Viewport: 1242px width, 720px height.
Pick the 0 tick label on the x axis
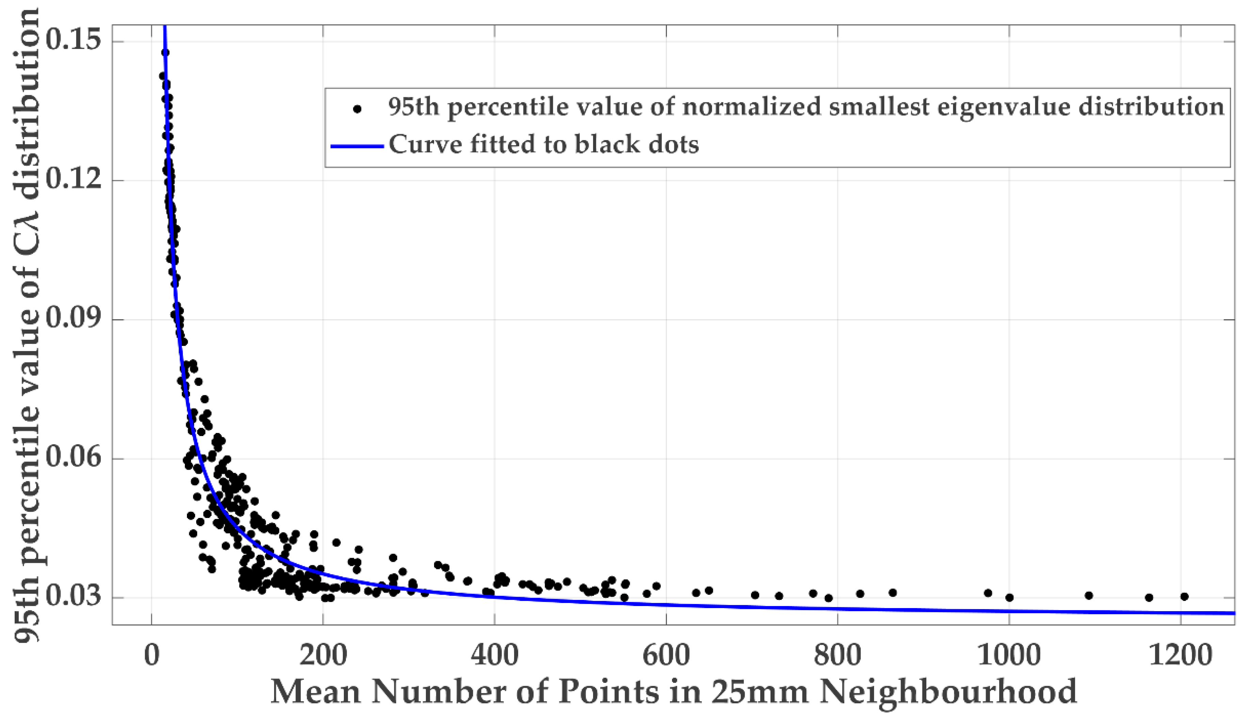[x=152, y=656]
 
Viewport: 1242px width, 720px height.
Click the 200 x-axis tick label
[x=323, y=656]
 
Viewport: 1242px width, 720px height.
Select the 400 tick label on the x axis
[x=494, y=656]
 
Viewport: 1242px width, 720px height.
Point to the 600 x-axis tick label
[x=666, y=656]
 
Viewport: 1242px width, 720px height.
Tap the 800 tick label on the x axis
[x=838, y=656]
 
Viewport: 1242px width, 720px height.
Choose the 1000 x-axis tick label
[x=1009, y=656]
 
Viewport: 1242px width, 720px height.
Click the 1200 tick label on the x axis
[x=1180, y=656]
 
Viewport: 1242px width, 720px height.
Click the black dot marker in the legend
[x=357, y=109]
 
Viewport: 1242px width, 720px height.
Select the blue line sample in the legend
[x=357, y=146]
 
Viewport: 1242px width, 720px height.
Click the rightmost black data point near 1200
[x=1184, y=597]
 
